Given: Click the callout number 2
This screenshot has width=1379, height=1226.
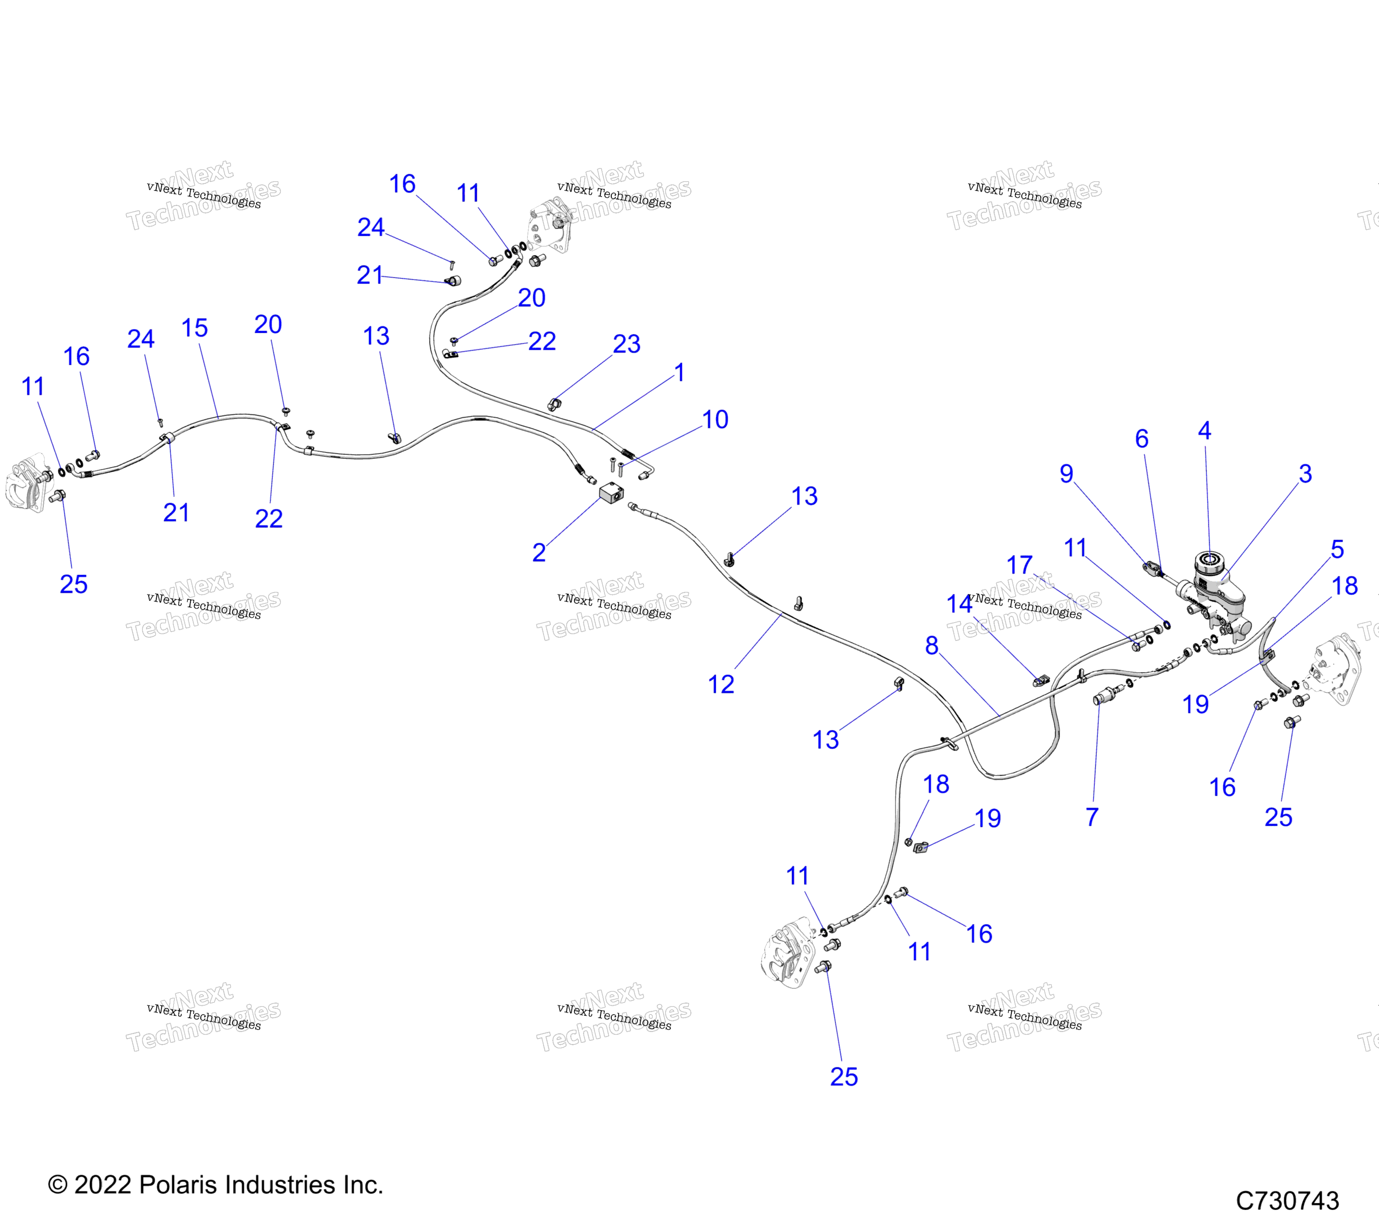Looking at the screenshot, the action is (539, 553).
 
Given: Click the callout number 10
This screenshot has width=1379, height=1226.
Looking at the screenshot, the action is (715, 420).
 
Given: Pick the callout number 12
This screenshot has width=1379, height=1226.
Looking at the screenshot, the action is (721, 685).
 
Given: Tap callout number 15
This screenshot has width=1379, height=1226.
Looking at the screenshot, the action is (194, 328).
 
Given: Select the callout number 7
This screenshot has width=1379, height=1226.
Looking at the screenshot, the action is (1092, 817).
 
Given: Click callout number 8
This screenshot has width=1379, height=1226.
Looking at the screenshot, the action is (932, 646).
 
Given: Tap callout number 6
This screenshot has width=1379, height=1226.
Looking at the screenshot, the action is (1142, 439).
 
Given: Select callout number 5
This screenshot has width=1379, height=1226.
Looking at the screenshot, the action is (1337, 549).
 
